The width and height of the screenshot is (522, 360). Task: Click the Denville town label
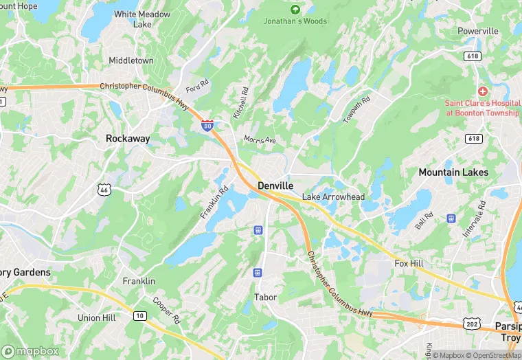(x=275, y=186)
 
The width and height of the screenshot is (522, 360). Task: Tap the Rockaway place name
(x=128, y=138)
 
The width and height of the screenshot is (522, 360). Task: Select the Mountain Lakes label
(x=453, y=172)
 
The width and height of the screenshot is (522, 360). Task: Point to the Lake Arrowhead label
(x=334, y=197)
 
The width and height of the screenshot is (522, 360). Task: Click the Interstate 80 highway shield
(x=207, y=125)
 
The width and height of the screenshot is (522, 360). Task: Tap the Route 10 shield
(x=140, y=315)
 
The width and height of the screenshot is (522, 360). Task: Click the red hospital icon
(x=482, y=91)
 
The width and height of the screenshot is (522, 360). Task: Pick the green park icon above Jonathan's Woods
(x=295, y=10)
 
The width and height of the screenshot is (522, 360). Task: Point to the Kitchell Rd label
(x=240, y=102)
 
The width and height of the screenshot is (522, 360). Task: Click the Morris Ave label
(x=260, y=140)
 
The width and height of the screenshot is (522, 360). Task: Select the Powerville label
(x=478, y=32)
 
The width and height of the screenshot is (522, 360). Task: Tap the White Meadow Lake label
(x=143, y=19)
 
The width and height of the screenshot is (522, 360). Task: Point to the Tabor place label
(x=265, y=297)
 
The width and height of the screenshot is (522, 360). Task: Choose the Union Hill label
(x=97, y=317)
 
